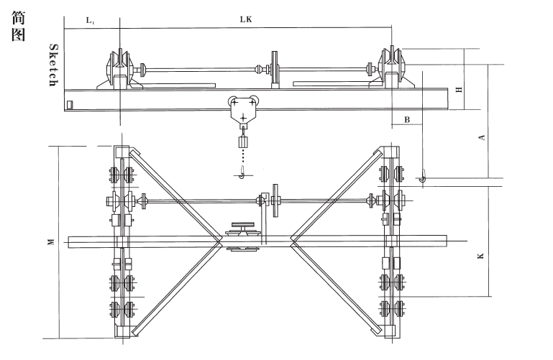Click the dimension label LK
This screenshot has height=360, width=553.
click(245, 20)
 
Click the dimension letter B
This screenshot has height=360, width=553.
click(407, 120)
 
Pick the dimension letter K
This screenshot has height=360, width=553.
click(481, 254)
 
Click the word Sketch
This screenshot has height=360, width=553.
click(52, 65)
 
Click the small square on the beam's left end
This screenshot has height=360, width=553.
click(69, 105)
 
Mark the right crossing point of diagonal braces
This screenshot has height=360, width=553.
click(291, 242)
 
